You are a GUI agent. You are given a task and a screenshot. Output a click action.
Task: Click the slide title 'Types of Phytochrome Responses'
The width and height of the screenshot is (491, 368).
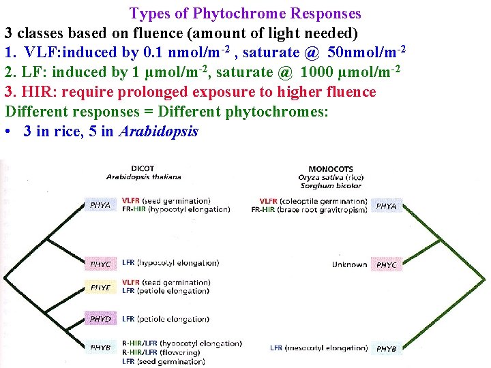tap(245, 13)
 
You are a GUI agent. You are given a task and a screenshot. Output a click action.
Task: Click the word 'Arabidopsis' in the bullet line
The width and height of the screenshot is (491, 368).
tap(158, 132)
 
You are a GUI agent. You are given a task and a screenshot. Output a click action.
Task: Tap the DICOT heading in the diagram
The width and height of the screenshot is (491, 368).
tap(143, 168)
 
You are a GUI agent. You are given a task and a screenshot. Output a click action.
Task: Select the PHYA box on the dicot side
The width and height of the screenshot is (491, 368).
tap(100, 204)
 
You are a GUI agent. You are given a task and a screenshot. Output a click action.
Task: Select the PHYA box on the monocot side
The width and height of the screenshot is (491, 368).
tap(386, 205)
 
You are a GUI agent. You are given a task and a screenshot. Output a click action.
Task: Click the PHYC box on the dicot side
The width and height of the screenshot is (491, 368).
tap(100, 264)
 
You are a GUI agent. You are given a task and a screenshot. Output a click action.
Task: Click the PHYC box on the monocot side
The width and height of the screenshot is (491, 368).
tap(386, 264)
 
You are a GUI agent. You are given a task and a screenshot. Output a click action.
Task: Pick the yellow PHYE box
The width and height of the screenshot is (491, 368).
tap(100, 288)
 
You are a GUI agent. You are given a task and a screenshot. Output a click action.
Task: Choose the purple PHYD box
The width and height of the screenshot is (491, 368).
tap(100, 318)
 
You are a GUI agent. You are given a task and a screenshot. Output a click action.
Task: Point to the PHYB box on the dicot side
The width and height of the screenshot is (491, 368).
tap(100, 347)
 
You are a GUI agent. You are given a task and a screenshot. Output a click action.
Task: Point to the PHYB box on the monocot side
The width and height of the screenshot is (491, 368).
tap(386, 348)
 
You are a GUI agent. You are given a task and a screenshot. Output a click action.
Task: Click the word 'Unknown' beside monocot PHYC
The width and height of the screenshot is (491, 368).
tap(349, 264)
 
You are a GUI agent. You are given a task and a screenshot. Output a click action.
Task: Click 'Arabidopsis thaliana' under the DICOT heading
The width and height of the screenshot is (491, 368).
tap(143, 177)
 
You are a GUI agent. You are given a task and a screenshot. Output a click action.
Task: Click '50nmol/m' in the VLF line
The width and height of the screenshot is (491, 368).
tap(360, 52)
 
